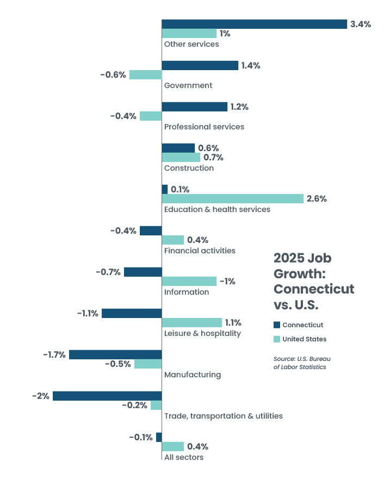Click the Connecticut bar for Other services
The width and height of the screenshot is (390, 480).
254,24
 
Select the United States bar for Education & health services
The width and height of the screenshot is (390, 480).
232,198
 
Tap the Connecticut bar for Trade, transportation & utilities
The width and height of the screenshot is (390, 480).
107,396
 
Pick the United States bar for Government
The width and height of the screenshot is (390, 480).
145,74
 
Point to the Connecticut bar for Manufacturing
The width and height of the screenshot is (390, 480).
115,354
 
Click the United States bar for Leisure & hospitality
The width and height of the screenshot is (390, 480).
192,322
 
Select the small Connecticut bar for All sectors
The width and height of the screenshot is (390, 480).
159,437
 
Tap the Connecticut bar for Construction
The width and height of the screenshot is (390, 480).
178,148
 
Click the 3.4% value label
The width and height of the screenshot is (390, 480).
361,24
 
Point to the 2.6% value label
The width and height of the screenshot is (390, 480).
317,198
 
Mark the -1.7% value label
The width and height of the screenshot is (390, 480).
54,354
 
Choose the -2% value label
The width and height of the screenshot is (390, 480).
41,396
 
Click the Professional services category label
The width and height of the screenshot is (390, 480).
204,127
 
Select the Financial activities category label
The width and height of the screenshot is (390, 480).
200,251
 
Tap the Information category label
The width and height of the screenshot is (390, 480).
187,292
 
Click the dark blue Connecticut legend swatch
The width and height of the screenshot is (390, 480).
276,325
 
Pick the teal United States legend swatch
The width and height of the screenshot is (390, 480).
276,339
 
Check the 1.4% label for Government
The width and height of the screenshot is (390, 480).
251,65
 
